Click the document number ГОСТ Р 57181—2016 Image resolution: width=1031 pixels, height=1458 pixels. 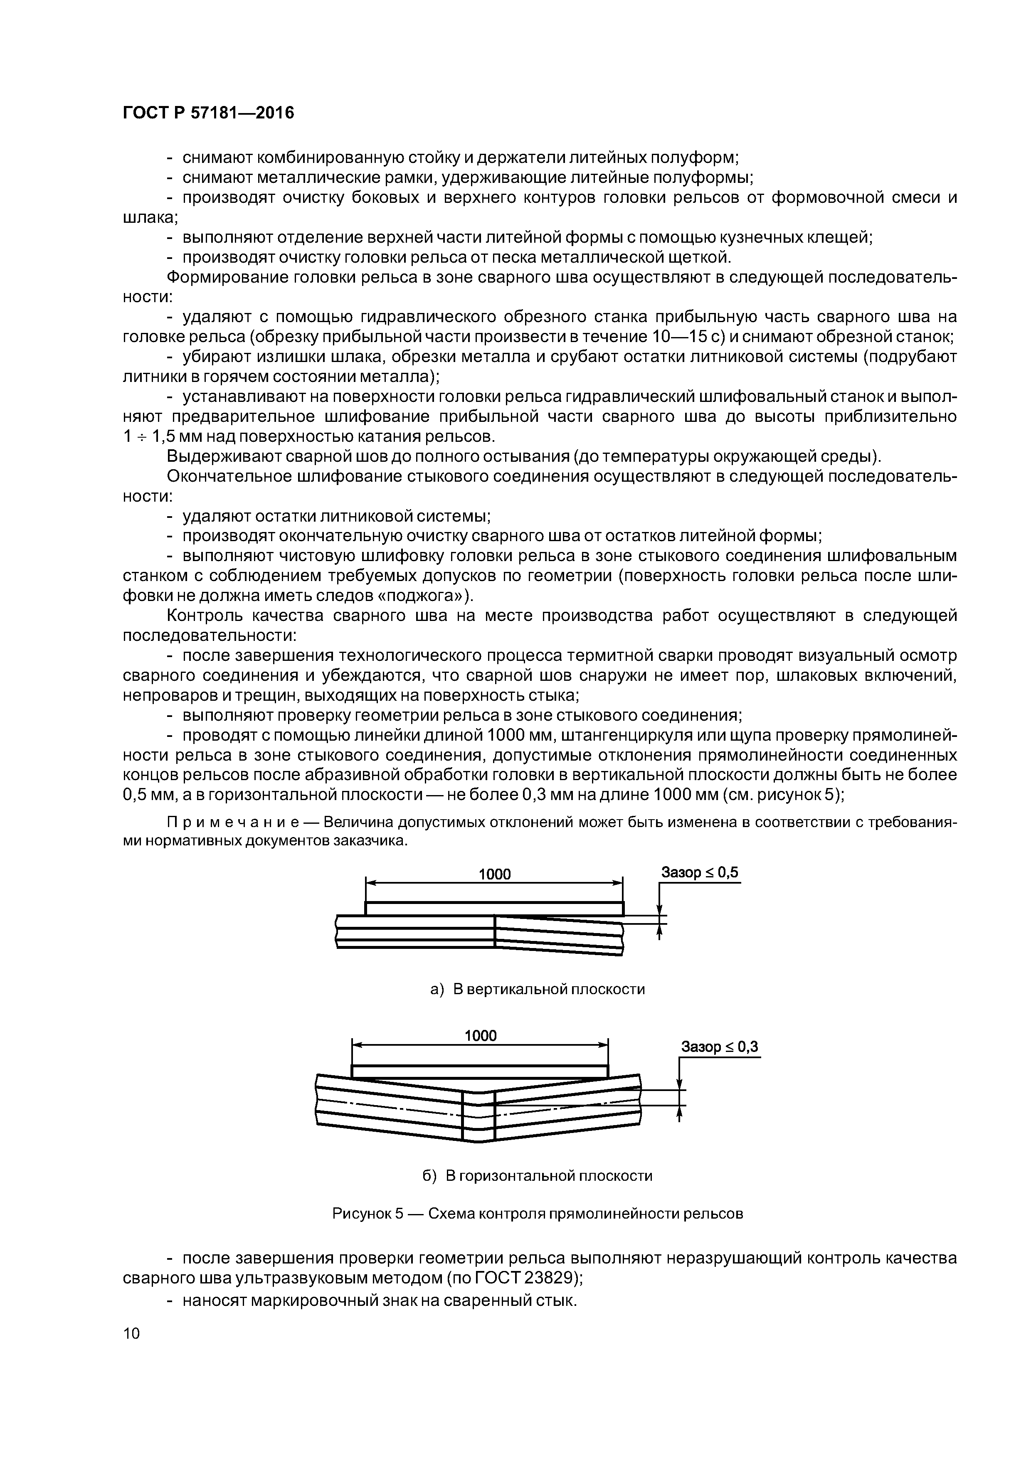pyautogui.click(x=208, y=113)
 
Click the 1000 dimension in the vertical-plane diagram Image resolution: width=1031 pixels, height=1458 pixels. pyautogui.click(x=494, y=874)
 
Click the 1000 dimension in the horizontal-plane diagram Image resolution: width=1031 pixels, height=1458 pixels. pyautogui.click(x=480, y=1036)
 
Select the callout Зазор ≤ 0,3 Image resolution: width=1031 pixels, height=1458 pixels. pyautogui.click(x=719, y=1047)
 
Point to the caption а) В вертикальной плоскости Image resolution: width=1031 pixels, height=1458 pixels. pyautogui.click(x=538, y=989)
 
